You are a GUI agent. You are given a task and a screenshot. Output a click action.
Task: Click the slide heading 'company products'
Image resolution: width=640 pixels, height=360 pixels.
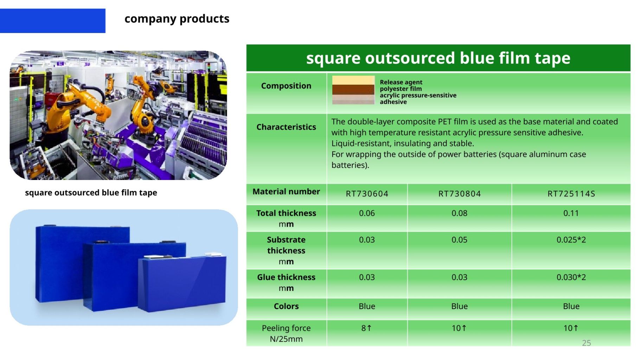coord(177,19)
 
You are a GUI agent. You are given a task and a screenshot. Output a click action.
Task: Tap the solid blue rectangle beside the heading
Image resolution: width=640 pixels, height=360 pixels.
coord(52,21)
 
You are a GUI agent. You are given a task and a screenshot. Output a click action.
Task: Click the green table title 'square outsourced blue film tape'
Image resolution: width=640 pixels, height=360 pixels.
coord(438,58)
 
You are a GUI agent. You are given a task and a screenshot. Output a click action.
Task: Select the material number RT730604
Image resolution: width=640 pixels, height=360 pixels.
coord(367,194)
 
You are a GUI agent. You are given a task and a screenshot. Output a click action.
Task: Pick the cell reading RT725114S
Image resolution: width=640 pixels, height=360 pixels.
coord(571,194)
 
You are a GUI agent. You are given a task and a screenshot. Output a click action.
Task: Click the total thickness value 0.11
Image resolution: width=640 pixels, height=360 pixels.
coord(571,213)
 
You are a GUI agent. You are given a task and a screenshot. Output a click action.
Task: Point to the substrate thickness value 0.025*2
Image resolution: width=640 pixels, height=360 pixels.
coord(571,240)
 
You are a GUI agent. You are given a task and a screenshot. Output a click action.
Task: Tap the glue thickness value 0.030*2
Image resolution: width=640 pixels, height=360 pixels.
coord(571,277)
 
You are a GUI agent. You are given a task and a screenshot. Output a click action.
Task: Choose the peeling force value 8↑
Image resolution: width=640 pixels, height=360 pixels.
coord(366,328)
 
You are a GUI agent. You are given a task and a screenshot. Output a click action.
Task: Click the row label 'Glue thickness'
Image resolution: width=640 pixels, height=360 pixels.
coord(286,277)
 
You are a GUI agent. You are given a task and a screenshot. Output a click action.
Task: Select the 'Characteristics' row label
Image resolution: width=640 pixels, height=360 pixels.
coord(286,127)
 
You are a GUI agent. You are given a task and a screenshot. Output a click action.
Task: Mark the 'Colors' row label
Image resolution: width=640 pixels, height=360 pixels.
coord(286,306)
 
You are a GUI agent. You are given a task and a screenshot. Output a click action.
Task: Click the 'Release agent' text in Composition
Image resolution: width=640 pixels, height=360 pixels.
coord(401,82)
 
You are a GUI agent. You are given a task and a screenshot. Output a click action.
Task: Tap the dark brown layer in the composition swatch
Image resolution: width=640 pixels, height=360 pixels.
coord(353,89)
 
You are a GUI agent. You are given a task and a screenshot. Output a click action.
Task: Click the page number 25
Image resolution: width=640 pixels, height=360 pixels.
coord(586,343)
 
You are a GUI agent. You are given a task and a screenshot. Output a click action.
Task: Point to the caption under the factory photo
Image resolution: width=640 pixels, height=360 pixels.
coord(91,193)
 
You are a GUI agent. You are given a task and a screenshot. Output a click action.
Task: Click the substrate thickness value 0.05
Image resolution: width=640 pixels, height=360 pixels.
coord(459,240)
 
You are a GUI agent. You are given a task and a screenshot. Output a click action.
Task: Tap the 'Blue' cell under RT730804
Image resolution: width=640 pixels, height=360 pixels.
coord(459,306)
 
